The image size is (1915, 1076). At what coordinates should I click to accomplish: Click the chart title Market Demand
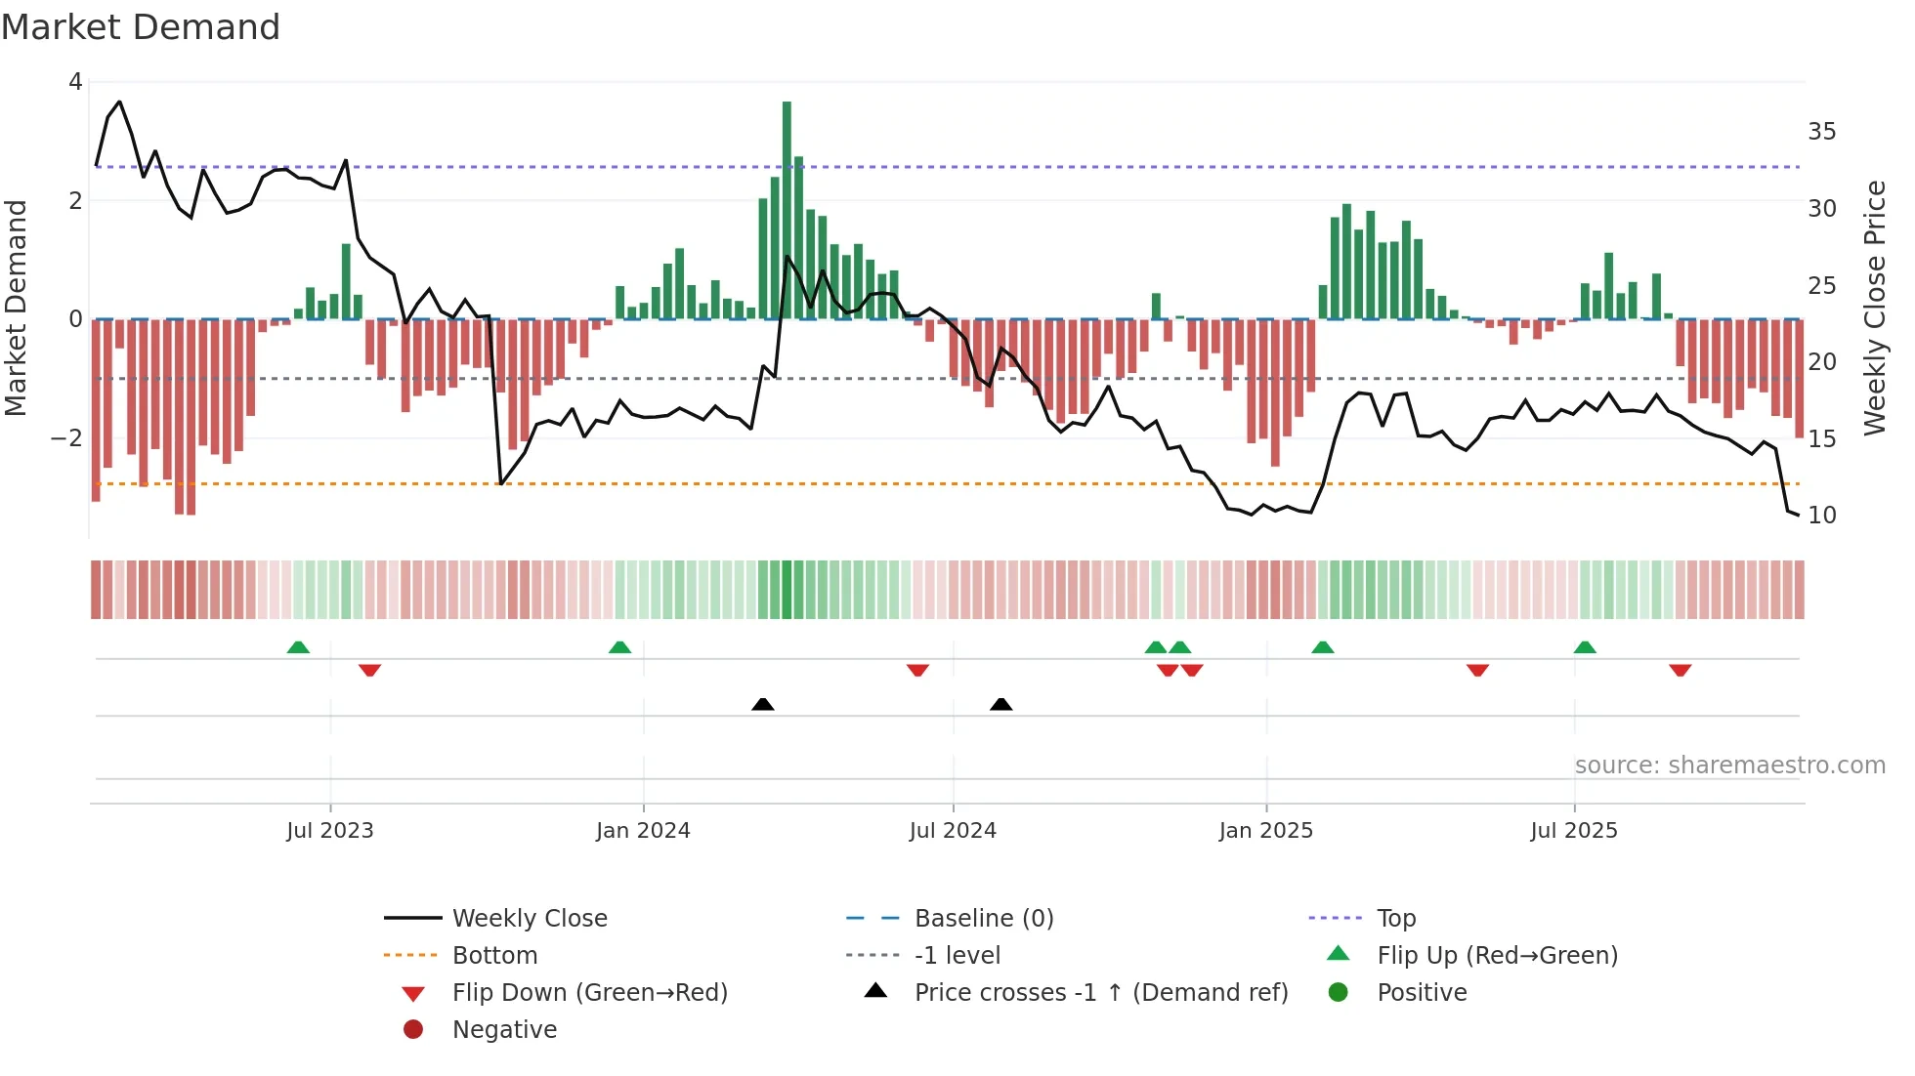[141, 27]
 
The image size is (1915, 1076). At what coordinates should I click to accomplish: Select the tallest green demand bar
[787, 210]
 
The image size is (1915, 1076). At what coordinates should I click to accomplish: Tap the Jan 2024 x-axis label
[643, 831]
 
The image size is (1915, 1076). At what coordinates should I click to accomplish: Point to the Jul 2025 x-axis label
[1574, 831]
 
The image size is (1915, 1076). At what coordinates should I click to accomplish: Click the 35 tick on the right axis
[1821, 132]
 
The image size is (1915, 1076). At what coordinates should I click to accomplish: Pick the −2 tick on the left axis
[66, 438]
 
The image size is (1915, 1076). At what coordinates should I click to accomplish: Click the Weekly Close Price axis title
[1874, 308]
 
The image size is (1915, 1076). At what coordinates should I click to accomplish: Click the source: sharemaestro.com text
[1729, 766]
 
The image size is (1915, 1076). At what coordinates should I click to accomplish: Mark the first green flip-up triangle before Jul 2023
[298, 647]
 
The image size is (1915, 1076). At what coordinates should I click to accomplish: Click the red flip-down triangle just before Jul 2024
[917, 670]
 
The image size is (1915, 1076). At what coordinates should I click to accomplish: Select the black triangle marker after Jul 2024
[1000, 704]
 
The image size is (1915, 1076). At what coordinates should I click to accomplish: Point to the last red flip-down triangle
[1680, 670]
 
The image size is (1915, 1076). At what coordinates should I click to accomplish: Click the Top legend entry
[1395, 919]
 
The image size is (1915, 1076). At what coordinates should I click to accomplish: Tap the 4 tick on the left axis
[75, 82]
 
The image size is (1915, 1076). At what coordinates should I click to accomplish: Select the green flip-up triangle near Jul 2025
[1585, 647]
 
